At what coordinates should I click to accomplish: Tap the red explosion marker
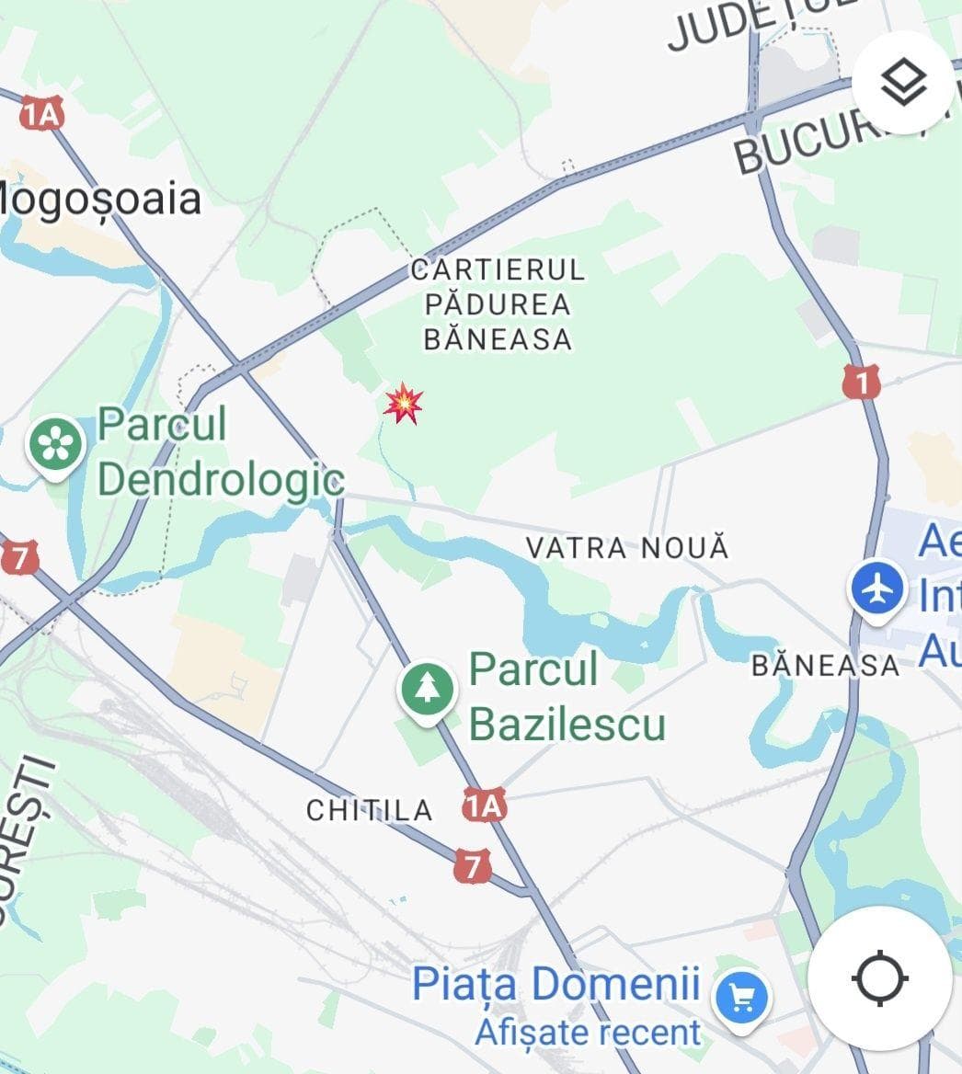[404, 404]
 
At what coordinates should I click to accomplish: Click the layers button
[903, 83]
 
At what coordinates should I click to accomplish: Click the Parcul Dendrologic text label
[221, 452]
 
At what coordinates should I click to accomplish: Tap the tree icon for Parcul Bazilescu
[427, 689]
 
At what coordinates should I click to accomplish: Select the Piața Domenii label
[555, 984]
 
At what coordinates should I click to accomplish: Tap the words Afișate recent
[588, 1032]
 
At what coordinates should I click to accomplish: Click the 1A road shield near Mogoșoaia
[41, 114]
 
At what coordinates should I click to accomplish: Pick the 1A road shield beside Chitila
[485, 806]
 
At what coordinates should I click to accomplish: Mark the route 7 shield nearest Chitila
[472, 865]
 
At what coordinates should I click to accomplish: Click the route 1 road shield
[861, 382]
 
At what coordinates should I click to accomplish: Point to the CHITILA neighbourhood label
[369, 810]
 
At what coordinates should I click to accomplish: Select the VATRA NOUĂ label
[627, 548]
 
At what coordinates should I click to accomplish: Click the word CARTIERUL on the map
[498, 270]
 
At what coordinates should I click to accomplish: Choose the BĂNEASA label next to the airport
[825, 665]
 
